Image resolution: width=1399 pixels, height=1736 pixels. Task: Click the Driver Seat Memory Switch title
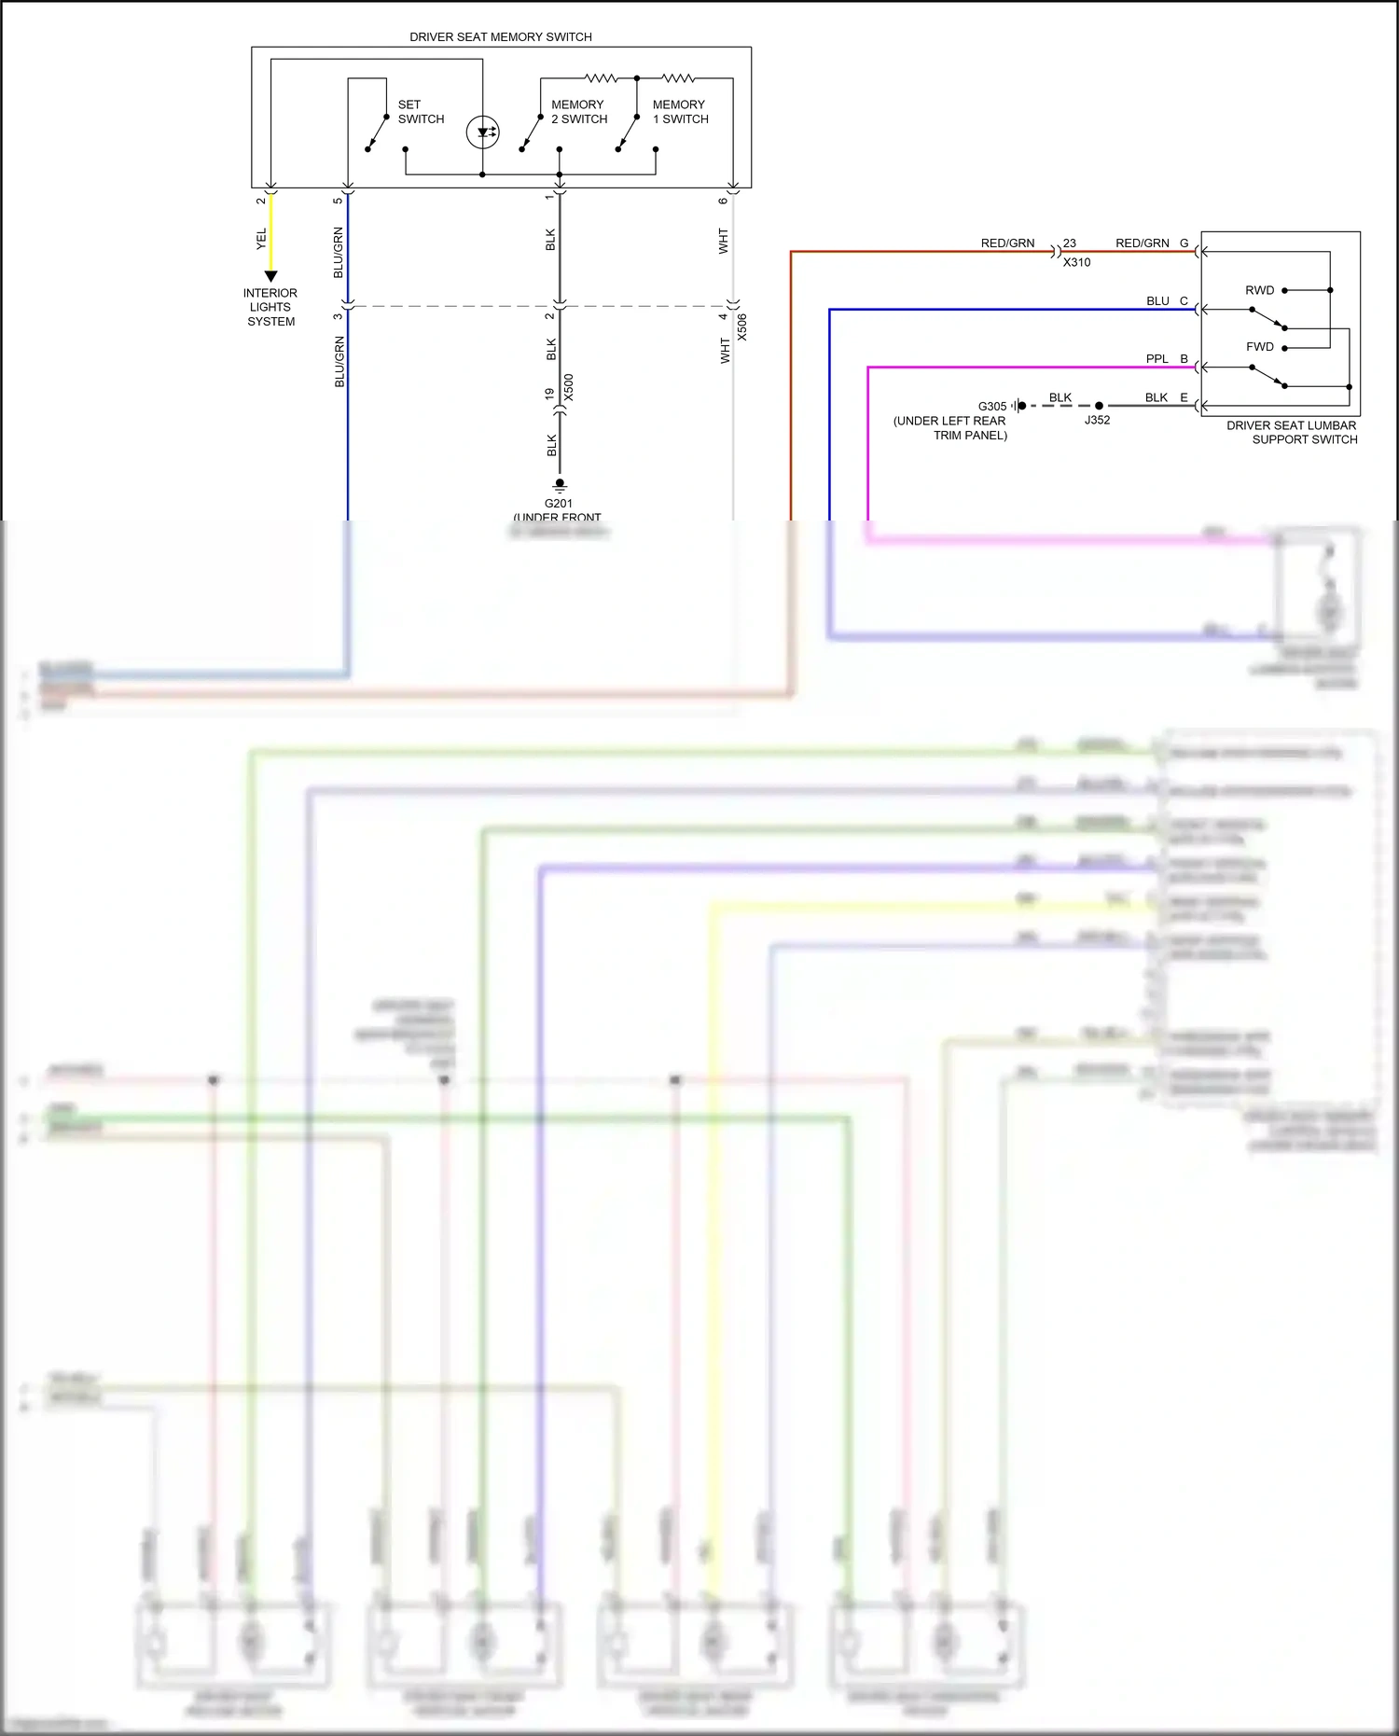(501, 37)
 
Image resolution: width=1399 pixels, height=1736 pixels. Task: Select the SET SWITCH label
(421, 112)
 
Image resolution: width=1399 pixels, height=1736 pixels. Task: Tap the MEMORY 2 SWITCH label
(578, 112)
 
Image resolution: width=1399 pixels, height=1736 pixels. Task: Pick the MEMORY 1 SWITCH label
(680, 112)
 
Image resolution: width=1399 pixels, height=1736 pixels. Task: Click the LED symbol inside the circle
(483, 132)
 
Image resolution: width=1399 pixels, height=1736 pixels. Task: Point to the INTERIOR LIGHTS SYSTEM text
(270, 307)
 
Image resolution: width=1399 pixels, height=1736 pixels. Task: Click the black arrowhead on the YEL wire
(270, 276)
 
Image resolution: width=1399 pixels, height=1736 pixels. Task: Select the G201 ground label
(559, 504)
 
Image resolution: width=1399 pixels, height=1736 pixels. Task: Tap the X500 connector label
(569, 387)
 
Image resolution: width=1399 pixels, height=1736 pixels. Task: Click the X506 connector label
(742, 326)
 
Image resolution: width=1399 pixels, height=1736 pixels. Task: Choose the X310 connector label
(1076, 262)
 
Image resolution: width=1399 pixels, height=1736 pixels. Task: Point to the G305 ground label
(992, 407)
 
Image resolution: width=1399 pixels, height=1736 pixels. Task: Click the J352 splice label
(1097, 420)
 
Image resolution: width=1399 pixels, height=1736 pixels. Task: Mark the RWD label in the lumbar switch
(1259, 290)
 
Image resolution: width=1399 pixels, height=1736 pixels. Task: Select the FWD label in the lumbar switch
(1259, 347)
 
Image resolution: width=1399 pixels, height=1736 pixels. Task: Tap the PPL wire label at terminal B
(1157, 359)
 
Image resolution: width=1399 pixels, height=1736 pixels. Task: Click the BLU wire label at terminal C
(1157, 301)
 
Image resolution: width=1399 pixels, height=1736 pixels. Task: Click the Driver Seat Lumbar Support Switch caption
(1291, 432)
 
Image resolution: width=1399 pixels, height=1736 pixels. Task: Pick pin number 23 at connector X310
(1070, 243)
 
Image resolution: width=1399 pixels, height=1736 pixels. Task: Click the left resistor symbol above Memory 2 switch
(602, 78)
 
